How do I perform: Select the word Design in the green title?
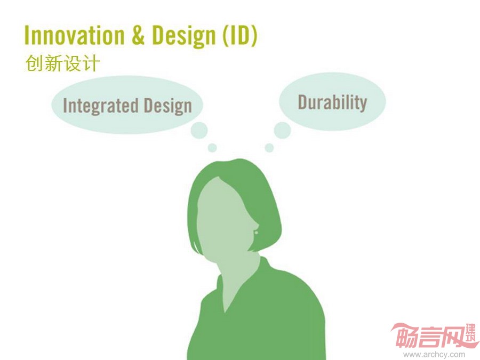pyautogui.click(x=184, y=36)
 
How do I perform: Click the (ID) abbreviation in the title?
pyautogui.click(x=239, y=36)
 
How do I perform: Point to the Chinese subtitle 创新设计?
pyautogui.click(x=63, y=63)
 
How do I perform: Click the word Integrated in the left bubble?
pyautogui.click(x=100, y=106)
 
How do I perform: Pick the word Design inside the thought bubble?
pyautogui.click(x=168, y=106)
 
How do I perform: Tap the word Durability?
pyautogui.click(x=332, y=102)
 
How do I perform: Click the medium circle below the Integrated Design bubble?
pyautogui.click(x=199, y=130)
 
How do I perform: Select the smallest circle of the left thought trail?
pyautogui.click(x=212, y=148)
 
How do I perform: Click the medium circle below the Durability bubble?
pyautogui.click(x=282, y=130)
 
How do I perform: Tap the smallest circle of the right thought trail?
pyautogui.click(x=269, y=148)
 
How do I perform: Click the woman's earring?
pyautogui.click(x=256, y=233)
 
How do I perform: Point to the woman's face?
pyautogui.click(x=225, y=218)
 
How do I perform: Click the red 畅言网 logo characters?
pyautogui.click(x=429, y=337)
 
